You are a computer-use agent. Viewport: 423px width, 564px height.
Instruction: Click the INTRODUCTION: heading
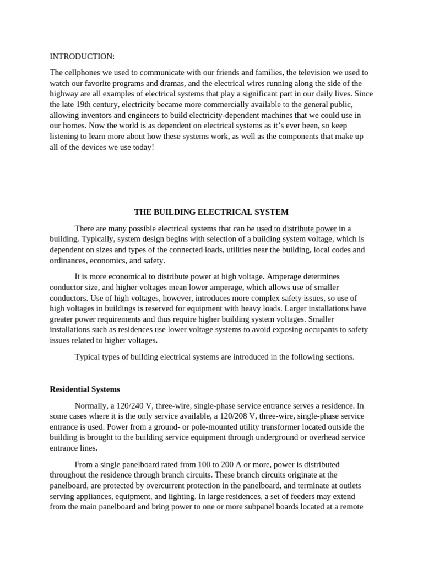point(82,57)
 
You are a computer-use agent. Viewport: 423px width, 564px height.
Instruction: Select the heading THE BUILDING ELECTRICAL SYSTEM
point(211,212)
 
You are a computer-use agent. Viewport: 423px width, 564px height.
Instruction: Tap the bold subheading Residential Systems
point(85,389)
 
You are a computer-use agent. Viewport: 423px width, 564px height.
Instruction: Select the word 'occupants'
point(305,329)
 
